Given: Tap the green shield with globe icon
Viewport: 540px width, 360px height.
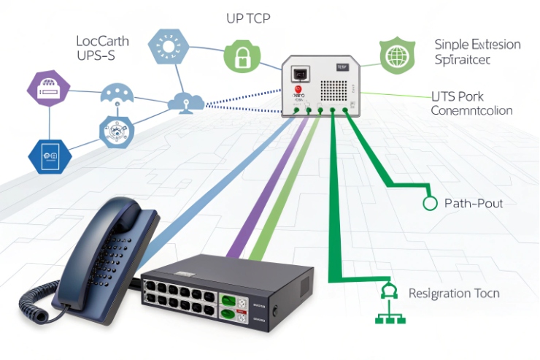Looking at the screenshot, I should pyautogui.click(x=396, y=55).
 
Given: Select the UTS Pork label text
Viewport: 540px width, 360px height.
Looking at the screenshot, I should pyautogui.click(x=458, y=96).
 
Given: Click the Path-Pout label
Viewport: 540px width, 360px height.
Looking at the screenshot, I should pyautogui.click(x=473, y=204).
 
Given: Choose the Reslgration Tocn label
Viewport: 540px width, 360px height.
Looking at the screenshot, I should pyautogui.click(x=454, y=294).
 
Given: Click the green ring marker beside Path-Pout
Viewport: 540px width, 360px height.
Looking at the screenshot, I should pyautogui.click(x=430, y=204).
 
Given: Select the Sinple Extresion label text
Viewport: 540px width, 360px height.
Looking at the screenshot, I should pyautogui.click(x=477, y=45).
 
